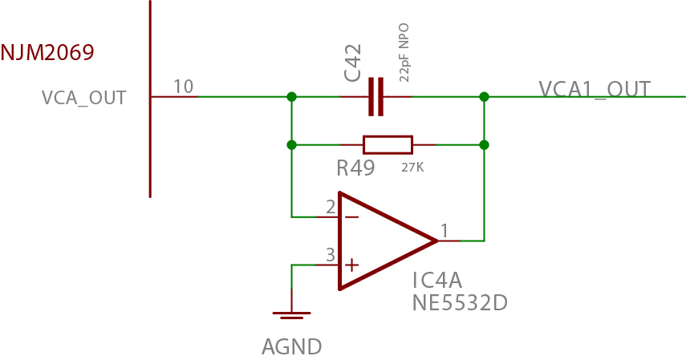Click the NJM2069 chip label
[47, 54]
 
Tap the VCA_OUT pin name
[84, 98]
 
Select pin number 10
[184, 87]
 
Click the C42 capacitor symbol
[375, 97]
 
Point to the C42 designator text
[353, 63]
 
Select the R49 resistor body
[388, 145]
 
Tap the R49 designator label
[356, 168]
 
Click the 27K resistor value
[412, 168]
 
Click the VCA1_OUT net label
[595, 89]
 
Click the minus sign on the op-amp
[351, 216]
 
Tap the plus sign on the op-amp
[351, 265]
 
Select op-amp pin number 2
[331, 207]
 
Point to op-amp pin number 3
[330, 255]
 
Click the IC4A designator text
[438, 281]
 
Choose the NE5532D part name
[460, 303]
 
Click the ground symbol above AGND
[291, 314]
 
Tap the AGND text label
[292, 347]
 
